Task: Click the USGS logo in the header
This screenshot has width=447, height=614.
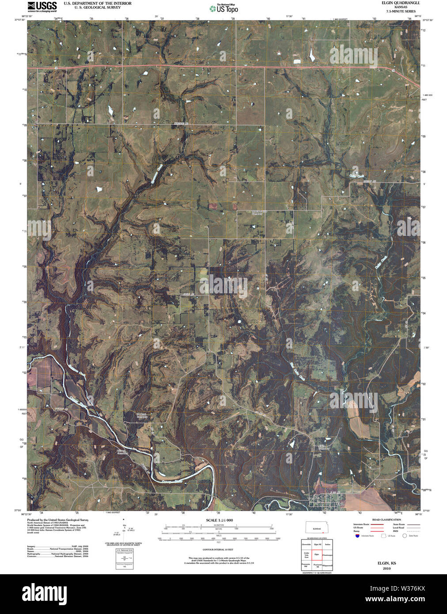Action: [42, 6]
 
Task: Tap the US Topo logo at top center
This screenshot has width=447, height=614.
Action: [223, 8]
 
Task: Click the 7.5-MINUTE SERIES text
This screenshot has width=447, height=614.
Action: [401, 11]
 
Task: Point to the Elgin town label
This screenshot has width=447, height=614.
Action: [340, 504]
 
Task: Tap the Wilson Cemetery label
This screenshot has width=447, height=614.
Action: [122, 452]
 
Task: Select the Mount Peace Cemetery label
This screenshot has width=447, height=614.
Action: [259, 212]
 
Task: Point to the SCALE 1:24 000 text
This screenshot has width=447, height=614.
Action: [219, 520]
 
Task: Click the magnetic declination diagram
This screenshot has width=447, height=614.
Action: [125, 528]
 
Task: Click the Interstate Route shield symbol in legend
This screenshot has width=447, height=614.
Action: [357, 536]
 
